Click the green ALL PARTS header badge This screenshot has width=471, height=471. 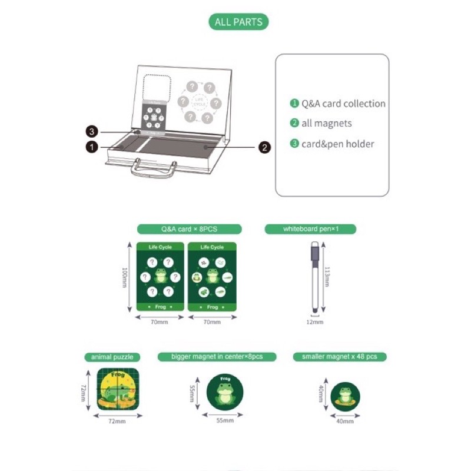[x=238, y=22]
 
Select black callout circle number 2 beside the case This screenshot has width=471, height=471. [x=265, y=147]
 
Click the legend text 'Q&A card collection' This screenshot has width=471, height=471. [x=343, y=104]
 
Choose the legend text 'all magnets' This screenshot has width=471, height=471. [x=327, y=124]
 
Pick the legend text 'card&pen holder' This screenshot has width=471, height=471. [x=337, y=144]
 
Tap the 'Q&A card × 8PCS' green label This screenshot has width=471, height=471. [x=189, y=229]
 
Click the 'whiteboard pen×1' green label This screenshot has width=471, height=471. [x=311, y=229]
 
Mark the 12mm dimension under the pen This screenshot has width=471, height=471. [x=315, y=322]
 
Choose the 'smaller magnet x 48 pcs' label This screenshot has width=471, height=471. [x=340, y=357]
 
